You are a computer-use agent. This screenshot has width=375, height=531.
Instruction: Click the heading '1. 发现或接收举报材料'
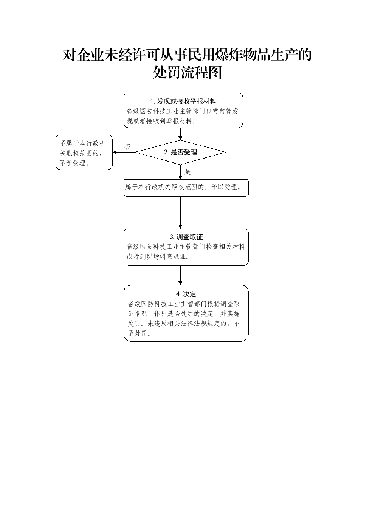pos(183,101)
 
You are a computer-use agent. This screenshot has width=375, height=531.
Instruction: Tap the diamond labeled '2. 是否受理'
pos(180,152)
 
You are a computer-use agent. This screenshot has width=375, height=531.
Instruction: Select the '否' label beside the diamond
pos(127,147)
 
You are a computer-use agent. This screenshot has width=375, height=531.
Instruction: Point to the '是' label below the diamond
pos(187,171)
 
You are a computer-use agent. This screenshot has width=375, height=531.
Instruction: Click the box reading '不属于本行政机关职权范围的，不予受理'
pos(84,153)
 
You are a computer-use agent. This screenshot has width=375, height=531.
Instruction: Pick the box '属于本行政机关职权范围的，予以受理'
pos(186,188)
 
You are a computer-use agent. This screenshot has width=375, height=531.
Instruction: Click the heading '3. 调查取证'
pos(186,237)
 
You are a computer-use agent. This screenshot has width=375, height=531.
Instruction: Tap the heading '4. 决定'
pos(186,294)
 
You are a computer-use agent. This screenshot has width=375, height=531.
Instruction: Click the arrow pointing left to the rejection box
pos(124,152)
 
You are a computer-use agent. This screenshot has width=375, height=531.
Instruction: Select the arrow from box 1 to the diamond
pos(180,134)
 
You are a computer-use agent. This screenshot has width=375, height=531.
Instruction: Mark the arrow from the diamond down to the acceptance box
pos(180,172)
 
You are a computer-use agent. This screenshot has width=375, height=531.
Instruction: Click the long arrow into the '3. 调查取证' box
pos(180,213)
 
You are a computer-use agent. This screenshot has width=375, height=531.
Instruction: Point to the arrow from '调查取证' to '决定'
pos(180,275)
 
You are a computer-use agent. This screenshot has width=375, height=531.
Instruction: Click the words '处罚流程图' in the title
pos(187,72)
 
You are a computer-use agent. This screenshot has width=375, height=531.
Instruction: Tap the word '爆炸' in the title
pos(229,55)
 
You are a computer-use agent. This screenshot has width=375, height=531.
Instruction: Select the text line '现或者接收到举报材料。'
pos(161,121)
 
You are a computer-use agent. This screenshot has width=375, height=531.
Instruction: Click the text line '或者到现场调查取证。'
pos(158,257)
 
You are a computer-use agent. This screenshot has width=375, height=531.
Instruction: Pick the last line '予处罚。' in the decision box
pos(139,333)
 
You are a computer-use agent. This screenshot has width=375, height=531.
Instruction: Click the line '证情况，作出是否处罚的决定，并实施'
pos(184,314)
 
